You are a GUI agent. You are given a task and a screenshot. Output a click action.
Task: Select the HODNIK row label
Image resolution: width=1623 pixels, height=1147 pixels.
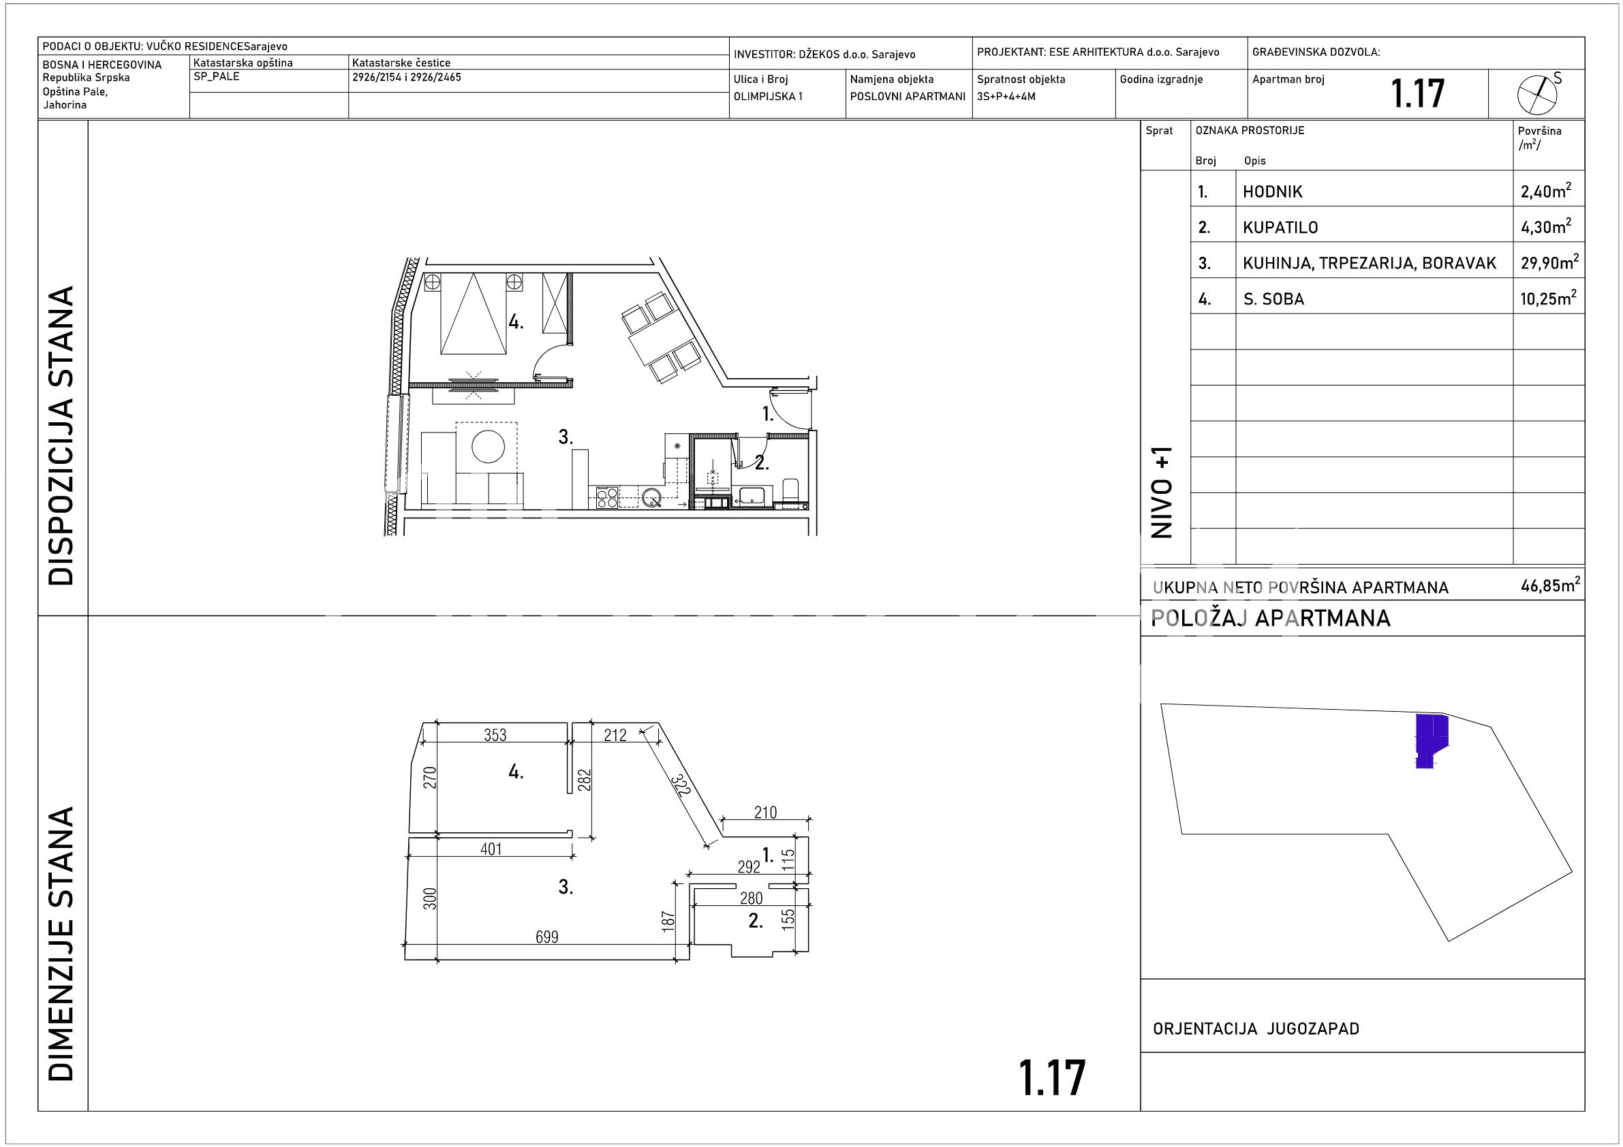click(x=1272, y=191)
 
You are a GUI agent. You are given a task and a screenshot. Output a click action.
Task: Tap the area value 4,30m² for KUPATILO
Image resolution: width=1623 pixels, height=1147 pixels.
click(x=1546, y=226)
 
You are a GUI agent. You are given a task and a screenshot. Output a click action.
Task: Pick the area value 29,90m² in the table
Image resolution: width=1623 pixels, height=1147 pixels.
click(x=1549, y=262)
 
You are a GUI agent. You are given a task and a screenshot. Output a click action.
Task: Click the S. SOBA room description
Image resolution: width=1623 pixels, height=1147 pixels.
click(x=1273, y=299)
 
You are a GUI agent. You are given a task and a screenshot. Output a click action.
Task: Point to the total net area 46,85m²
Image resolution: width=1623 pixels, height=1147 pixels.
click(x=1550, y=585)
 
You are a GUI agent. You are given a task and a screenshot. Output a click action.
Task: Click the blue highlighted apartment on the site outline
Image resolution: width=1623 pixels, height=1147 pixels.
click(x=1432, y=740)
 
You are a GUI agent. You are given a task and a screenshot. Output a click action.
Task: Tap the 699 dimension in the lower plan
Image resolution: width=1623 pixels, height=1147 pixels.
click(x=546, y=937)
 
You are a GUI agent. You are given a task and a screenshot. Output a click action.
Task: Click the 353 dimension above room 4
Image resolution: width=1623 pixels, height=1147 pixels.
click(x=495, y=735)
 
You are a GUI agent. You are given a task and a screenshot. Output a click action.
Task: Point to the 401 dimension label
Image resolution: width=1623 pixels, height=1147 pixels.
click(x=491, y=849)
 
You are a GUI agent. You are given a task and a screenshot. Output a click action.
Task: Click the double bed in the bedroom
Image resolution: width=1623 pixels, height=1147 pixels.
click(x=474, y=313)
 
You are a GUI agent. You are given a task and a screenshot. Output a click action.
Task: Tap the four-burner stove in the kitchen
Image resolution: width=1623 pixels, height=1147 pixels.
click(x=607, y=497)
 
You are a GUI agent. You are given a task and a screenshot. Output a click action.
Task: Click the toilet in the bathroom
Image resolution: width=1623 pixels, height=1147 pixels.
click(x=791, y=492)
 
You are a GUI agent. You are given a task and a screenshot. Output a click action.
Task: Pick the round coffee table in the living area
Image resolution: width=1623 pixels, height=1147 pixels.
click(x=488, y=447)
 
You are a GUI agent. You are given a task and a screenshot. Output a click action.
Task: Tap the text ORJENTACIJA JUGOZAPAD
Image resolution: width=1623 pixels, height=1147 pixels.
click(x=1256, y=1028)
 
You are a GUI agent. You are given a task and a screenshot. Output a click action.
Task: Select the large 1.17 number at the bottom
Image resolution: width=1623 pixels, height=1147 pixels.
click(x=1052, y=1077)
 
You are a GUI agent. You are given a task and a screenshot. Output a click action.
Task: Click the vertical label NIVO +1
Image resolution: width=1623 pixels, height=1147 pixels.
click(x=1162, y=492)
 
